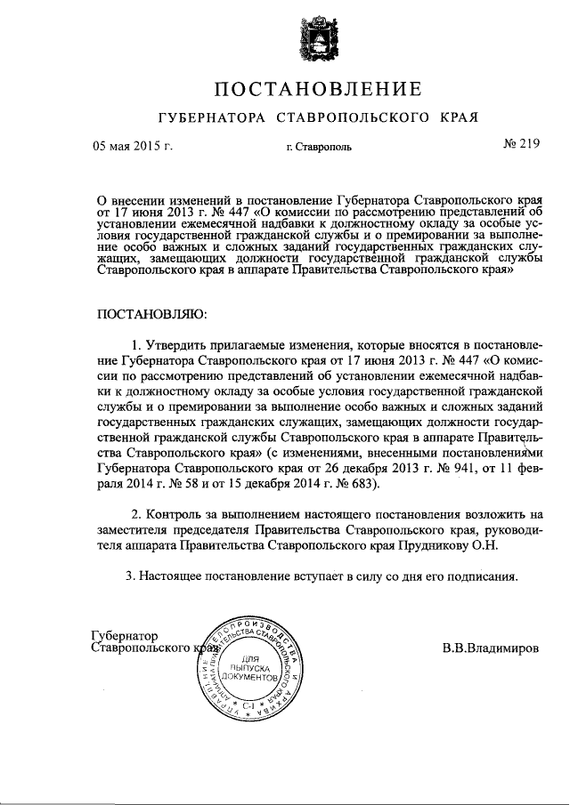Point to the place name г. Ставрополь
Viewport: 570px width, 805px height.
pyautogui.click(x=319, y=148)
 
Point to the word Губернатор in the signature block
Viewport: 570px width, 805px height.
pyautogui.click(x=125, y=636)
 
